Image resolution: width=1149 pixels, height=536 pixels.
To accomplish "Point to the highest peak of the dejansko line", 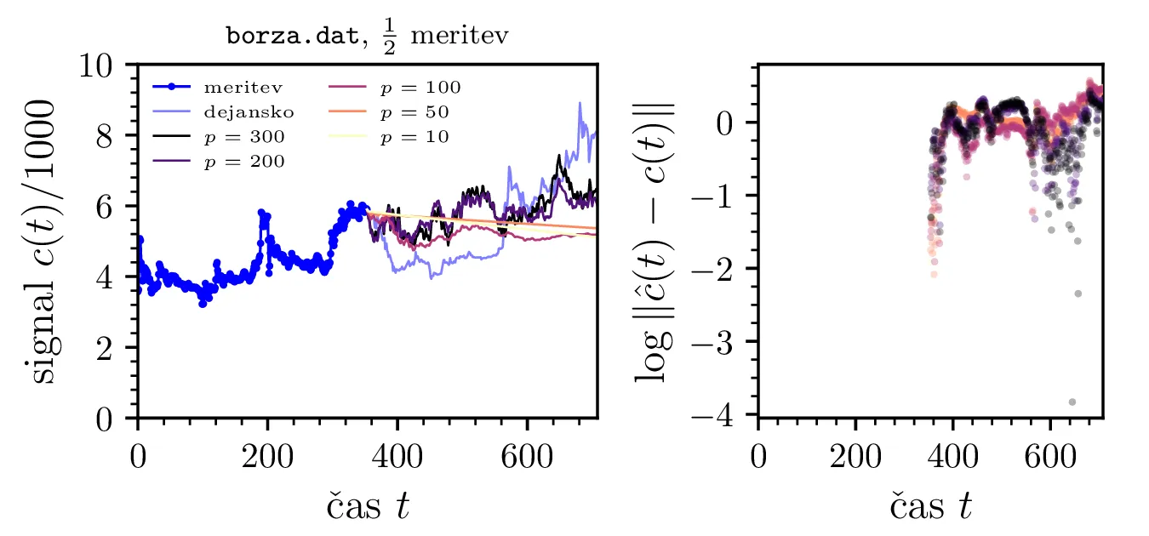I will point(580,104).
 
